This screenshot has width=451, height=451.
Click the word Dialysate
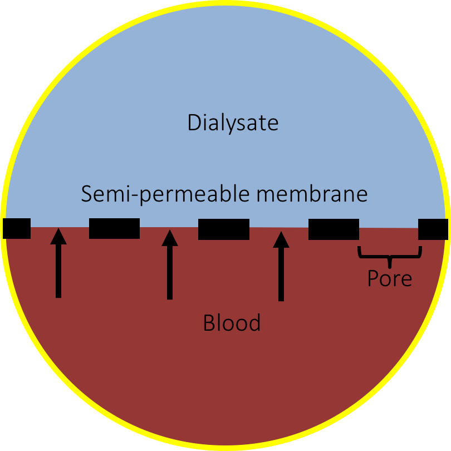pos(233,123)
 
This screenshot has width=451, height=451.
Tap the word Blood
pos(232,323)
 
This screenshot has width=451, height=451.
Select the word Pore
pos(390,278)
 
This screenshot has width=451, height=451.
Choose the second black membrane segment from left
pos(114,228)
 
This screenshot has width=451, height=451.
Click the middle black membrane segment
pos(223,229)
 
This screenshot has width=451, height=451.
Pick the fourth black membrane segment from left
pos(334,229)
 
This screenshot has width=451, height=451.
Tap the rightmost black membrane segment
pos(433,229)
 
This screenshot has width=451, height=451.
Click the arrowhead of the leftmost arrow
pos(58,236)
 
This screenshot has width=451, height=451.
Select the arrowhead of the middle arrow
pos(170,238)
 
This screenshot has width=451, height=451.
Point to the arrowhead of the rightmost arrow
pos(281,239)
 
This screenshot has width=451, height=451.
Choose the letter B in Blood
pos(209,323)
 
